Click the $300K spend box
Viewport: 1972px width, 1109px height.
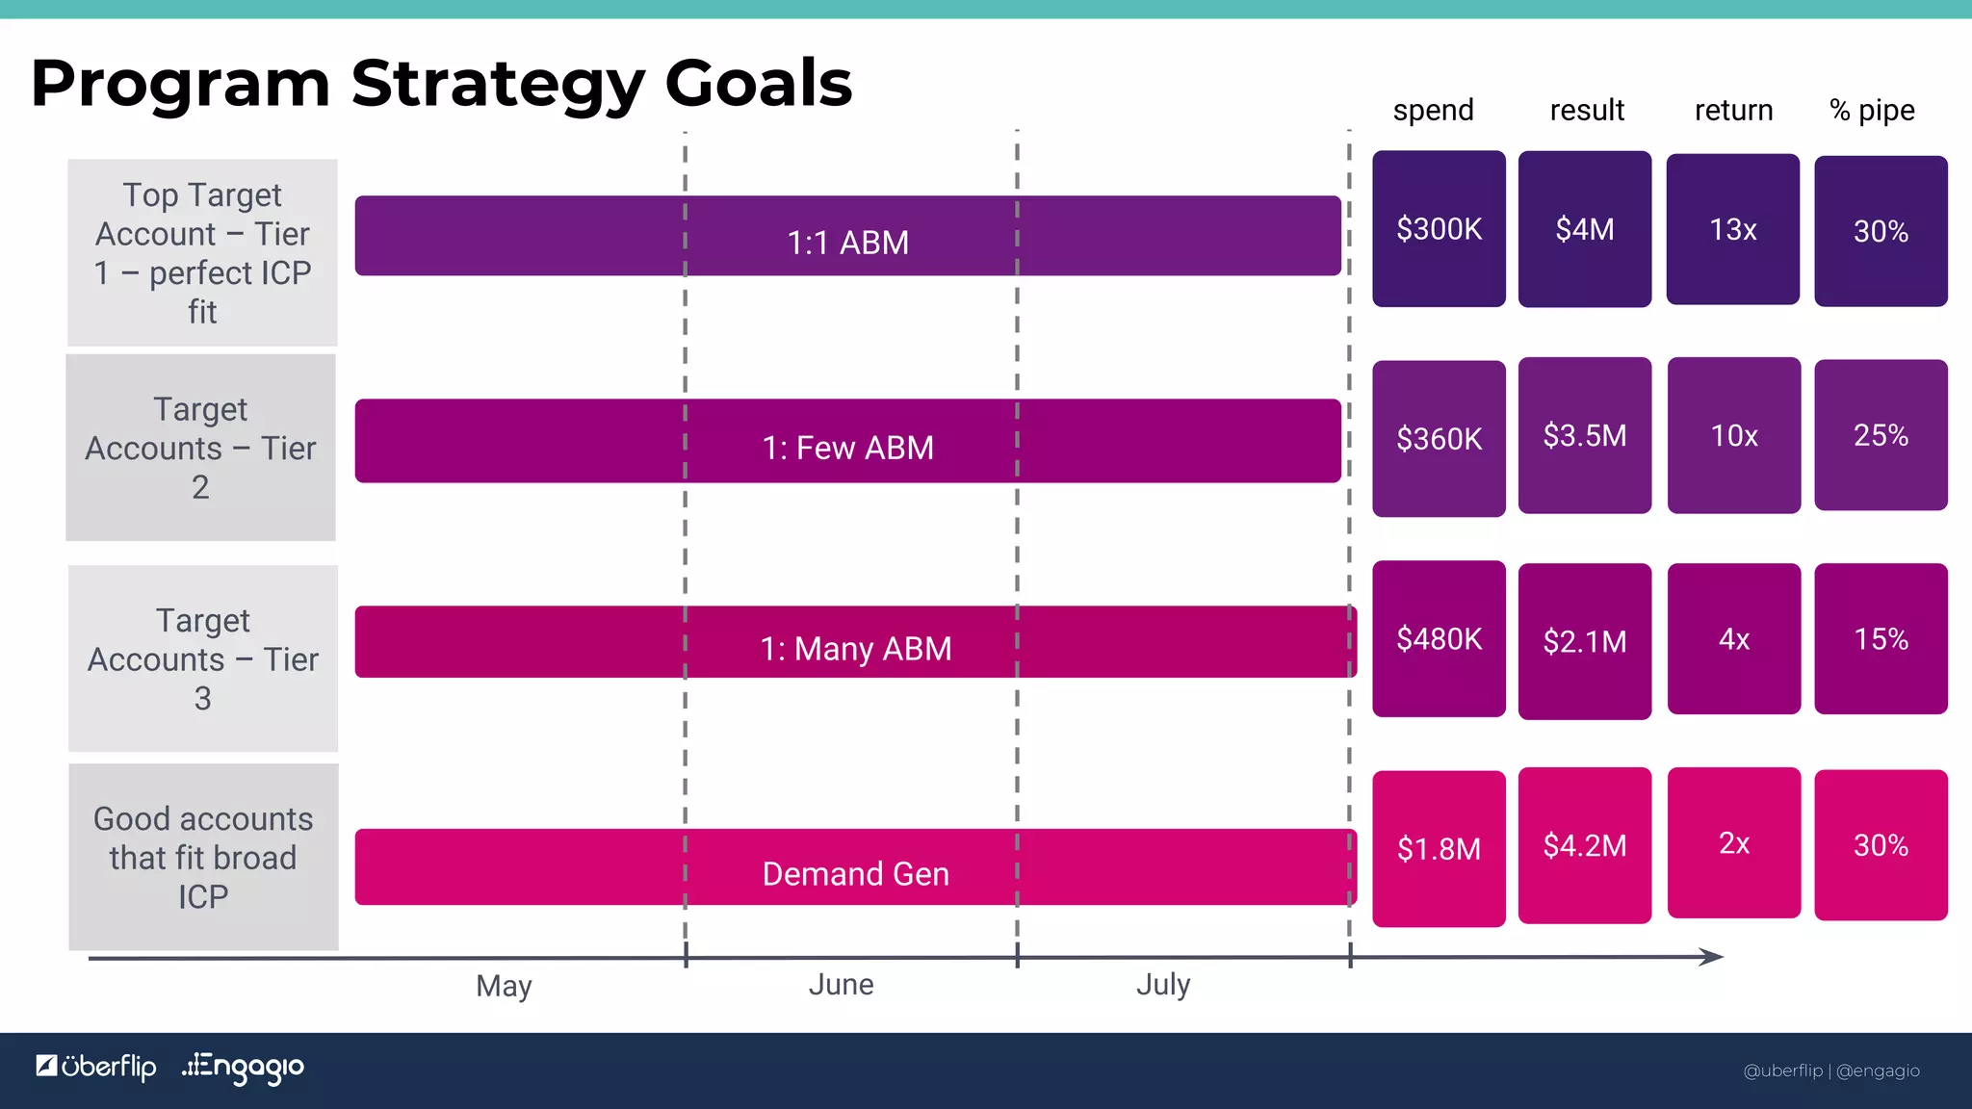pos(1439,229)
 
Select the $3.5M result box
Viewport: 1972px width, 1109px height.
pos(1585,435)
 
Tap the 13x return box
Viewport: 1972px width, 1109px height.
pos(1733,229)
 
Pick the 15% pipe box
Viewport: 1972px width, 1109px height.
pos(1881,639)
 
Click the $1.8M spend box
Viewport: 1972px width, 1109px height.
pos(1439,848)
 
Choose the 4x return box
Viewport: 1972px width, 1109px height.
pos(1733,639)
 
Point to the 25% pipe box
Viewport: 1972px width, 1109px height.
pos(1881,435)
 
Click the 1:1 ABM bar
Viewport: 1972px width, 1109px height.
pos(847,237)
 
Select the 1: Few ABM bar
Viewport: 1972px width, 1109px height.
pos(847,441)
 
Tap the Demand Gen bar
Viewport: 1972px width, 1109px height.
pos(855,867)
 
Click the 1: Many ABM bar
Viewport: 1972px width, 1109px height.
pos(855,642)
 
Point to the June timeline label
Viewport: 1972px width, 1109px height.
pos(841,984)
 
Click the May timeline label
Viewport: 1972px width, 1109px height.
pos(504,986)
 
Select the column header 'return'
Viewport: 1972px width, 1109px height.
pos(1733,110)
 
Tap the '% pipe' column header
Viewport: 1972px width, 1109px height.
pos(1872,111)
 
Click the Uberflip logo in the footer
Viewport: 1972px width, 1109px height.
pos(96,1067)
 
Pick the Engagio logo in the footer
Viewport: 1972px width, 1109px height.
pos(243,1067)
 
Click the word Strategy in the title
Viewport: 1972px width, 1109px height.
pos(497,83)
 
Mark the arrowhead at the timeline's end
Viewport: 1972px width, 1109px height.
pos(1711,957)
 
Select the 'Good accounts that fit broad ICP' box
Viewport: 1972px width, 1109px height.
pos(203,857)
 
